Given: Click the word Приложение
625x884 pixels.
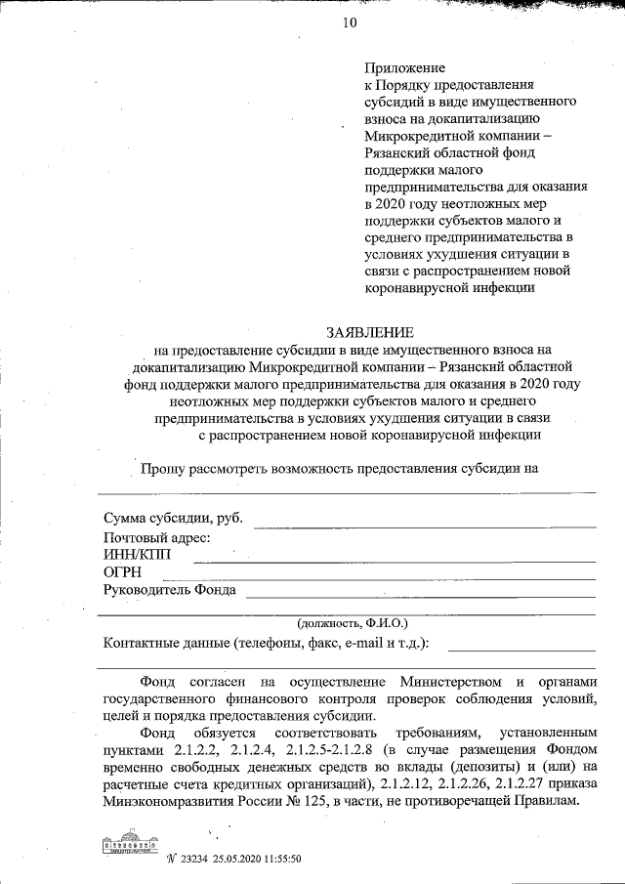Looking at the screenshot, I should (x=404, y=68).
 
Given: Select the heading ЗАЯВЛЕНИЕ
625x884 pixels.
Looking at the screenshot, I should (x=366, y=332).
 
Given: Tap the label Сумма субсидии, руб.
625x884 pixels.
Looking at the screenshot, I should (x=172, y=518).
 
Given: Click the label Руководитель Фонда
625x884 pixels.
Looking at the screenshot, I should (x=168, y=589).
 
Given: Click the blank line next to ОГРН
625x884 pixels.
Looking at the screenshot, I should (x=395, y=579).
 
